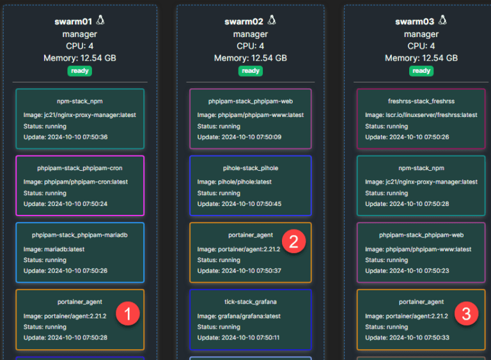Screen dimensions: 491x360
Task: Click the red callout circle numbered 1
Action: coord(128,313)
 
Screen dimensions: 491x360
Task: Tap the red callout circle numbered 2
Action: coord(293,241)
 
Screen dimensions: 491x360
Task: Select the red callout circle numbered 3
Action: coord(466,313)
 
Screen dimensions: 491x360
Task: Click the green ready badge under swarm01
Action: coord(80,71)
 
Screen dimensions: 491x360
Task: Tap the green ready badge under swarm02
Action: coord(251,71)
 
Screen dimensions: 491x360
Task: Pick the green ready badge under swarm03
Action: coord(421,71)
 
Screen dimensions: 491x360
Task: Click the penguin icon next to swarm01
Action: coord(100,20)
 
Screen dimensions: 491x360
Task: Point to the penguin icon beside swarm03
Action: coord(442,20)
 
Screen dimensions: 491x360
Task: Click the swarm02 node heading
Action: coord(244,22)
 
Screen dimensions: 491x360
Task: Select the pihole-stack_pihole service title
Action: coord(251,168)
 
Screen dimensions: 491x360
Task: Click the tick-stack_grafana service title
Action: coord(251,302)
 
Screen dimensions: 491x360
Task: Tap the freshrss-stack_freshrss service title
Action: coord(421,101)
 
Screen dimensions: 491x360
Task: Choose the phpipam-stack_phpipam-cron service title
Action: coord(80,168)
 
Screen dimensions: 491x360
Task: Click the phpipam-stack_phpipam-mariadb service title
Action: coord(80,235)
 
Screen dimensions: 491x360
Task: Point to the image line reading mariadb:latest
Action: coord(54,249)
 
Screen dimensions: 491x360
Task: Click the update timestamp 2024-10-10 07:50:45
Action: coord(239,204)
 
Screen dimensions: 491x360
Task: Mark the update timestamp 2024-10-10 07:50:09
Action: coord(239,137)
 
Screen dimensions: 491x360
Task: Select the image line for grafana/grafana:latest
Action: coord(239,316)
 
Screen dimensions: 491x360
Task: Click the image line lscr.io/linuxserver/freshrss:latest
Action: coord(421,115)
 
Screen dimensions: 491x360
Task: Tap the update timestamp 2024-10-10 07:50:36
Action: coord(65,137)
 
